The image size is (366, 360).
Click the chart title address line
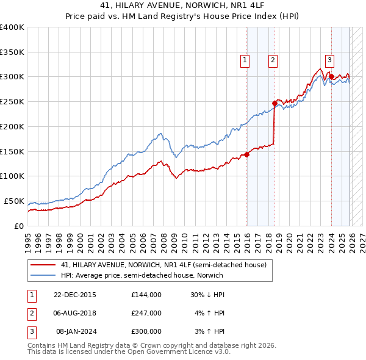pos(182,5)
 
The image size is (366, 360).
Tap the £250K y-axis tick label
pos(12,102)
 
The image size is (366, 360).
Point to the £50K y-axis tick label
pos(13,201)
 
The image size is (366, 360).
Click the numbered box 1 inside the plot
pos(244,60)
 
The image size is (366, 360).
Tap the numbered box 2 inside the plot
pos(272,60)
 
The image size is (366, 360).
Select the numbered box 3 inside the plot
pos(329,60)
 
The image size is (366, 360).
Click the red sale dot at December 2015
pos(247,154)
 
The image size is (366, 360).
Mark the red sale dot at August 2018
pos(275,104)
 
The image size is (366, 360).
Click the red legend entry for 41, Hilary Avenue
pos(163,265)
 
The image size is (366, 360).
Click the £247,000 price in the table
pos(146,313)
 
